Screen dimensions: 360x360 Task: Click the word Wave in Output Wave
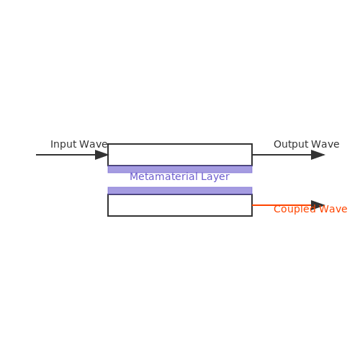[325, 144]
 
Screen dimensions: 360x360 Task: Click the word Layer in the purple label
[215, 177]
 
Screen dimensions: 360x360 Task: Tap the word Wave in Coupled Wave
[333, 210]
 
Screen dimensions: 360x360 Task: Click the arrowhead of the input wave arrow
[102, 155]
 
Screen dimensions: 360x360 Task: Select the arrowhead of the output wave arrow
[318, 155]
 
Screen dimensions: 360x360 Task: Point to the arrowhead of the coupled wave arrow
[318, 205]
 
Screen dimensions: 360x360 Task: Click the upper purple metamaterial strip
[180, 169]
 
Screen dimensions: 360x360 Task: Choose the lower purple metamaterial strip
[180, 191]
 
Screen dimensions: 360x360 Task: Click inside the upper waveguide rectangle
[180, 155]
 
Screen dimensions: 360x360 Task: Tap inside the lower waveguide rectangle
[180, 205]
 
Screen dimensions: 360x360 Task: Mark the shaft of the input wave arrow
[66, 155]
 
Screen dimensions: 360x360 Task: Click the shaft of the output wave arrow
[282, 155]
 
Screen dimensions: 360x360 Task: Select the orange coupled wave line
[282, 205]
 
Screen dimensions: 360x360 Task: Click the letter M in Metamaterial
[133, 176]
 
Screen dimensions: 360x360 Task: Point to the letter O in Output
[277, 144]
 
